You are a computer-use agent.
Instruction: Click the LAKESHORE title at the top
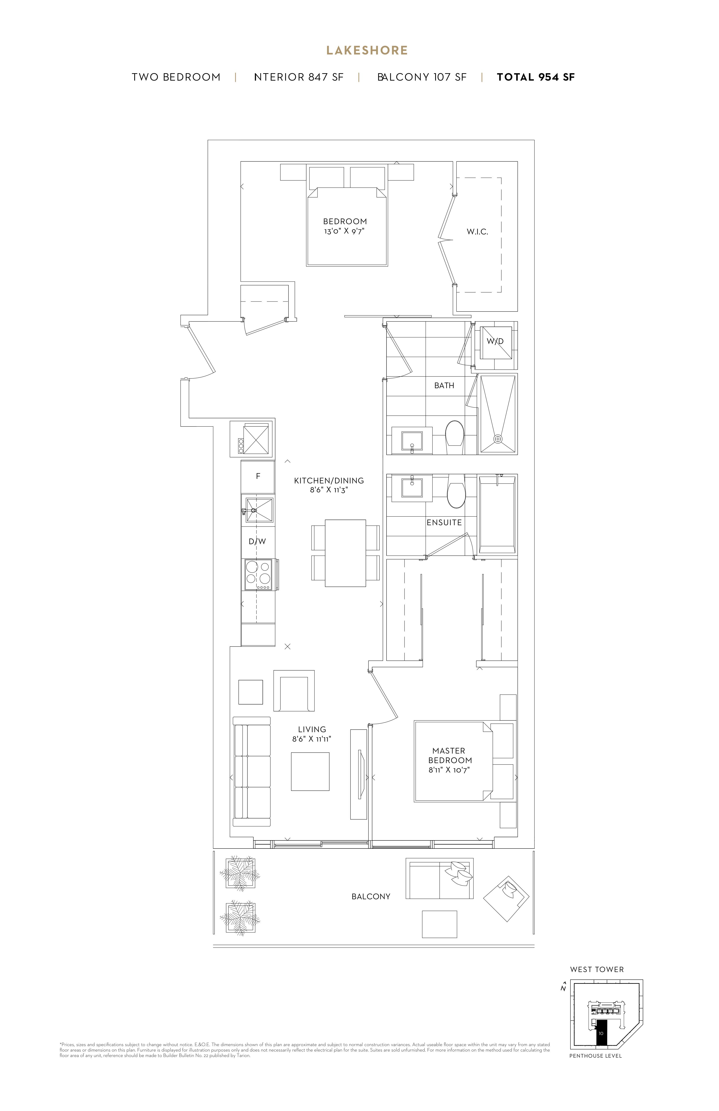367,50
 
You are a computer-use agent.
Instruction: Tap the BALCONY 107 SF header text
422,78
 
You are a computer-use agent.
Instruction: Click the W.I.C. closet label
477,232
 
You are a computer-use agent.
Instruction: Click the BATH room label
444,386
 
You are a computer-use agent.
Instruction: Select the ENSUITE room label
444,522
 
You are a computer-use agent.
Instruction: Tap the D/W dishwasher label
257,542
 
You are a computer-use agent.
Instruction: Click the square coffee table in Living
310,772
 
